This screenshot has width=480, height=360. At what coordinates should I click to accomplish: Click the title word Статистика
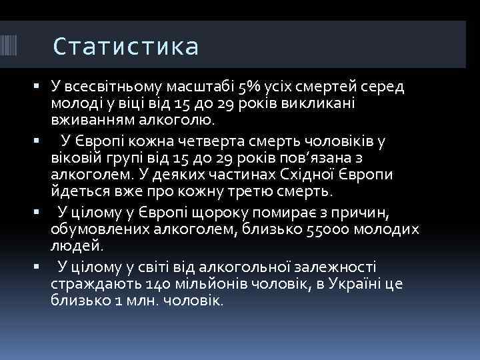click(x=125, y=47)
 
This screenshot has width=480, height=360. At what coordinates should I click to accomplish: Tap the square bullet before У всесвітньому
click(x=35, y=87)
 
